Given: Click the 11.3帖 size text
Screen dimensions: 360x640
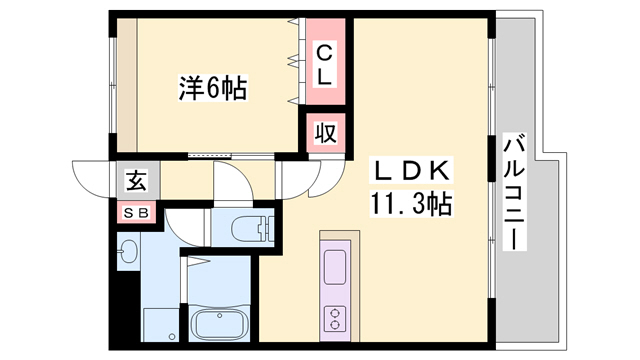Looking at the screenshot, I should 413,206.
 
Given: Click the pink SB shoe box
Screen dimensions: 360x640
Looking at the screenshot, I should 136,212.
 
